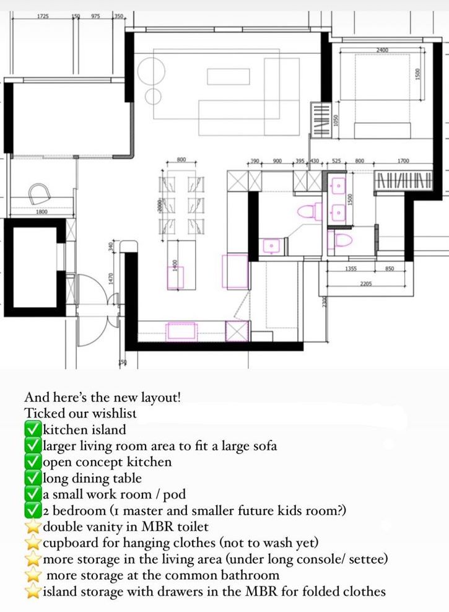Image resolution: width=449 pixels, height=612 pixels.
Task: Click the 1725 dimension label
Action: point(43,15)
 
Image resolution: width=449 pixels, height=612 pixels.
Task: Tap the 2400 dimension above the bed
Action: point(382,50)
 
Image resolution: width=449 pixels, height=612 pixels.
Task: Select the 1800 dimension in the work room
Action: point(41,211)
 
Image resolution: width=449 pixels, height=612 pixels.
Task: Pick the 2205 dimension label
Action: point(367,284)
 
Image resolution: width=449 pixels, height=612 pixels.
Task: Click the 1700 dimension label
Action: point(403,161)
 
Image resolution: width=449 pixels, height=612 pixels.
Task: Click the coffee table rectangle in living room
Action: point(228,76)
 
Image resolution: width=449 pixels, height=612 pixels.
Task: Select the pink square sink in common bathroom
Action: point(271,246)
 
